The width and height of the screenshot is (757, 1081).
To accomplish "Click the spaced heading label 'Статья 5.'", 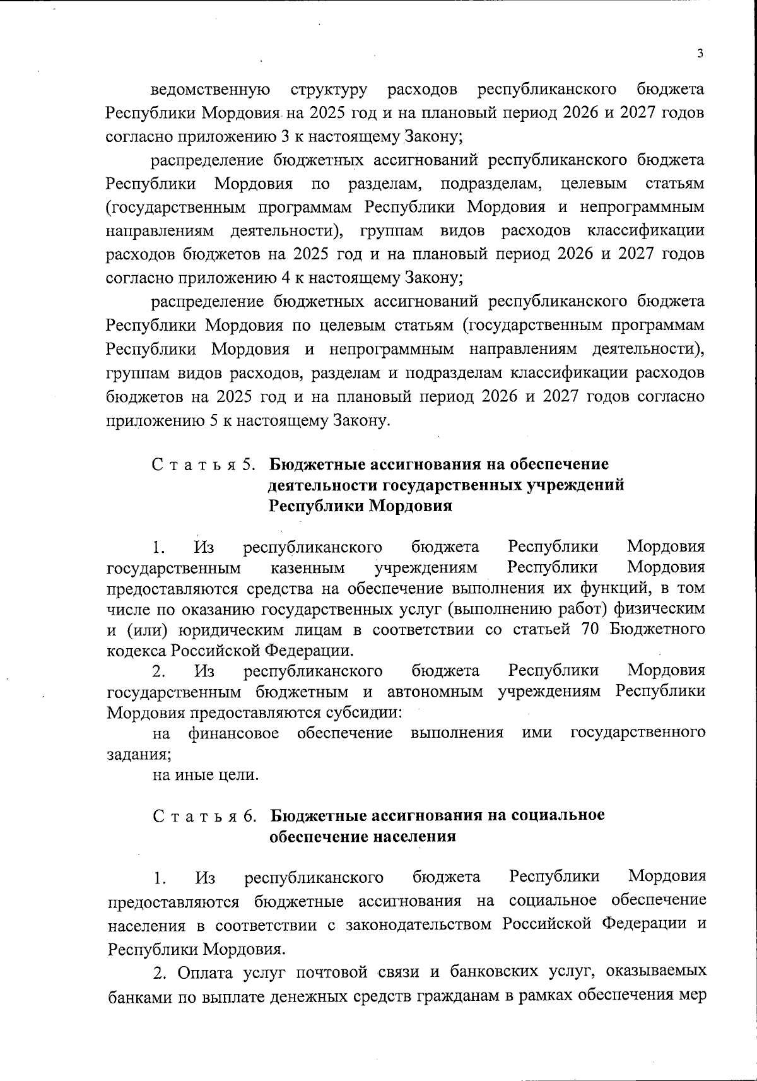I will click(x=203, y=465).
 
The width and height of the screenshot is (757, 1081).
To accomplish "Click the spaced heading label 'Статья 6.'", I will click(x=204, y=816).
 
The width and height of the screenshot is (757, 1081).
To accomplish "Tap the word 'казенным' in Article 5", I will click(x=308, y=568).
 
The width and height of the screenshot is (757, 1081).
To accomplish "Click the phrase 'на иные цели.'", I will click(x=206, y=775).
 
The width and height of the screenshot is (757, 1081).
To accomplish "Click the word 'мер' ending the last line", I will click(x=692, y=996).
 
